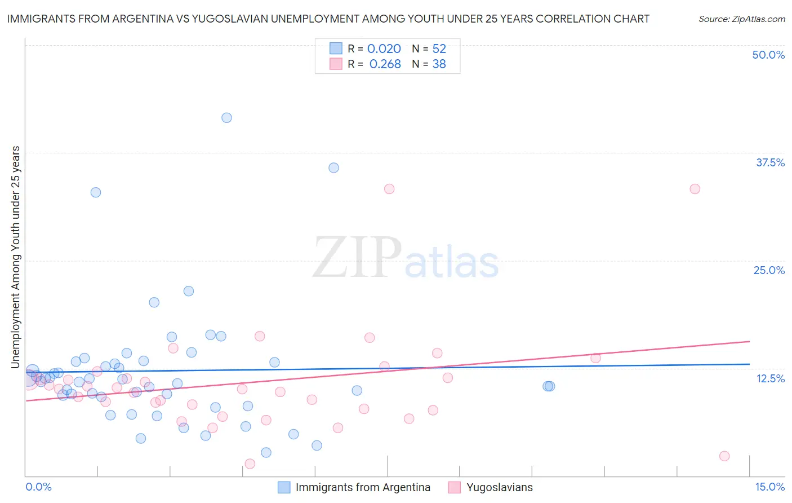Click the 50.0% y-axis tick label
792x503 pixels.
(768, 55)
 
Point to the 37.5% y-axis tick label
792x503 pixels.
(770, 163)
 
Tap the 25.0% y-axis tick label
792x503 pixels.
(769, 271)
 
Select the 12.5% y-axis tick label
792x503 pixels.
(770, 378)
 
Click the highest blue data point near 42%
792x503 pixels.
(226, 118)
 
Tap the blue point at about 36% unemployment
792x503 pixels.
(333, 168)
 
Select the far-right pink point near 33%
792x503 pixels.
(695, 189)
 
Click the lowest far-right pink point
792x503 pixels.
(724, 456)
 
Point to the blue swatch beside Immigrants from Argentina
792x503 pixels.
(284, 487)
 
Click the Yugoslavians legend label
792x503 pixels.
(499, 487)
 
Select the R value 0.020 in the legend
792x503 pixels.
(384, 49)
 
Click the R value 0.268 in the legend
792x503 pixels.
(385, 64)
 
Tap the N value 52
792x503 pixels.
(439, 49)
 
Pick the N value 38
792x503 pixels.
(439, 64)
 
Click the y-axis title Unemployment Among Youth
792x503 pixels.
(15, 257)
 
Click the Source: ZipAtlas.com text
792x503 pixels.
(741, 19)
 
